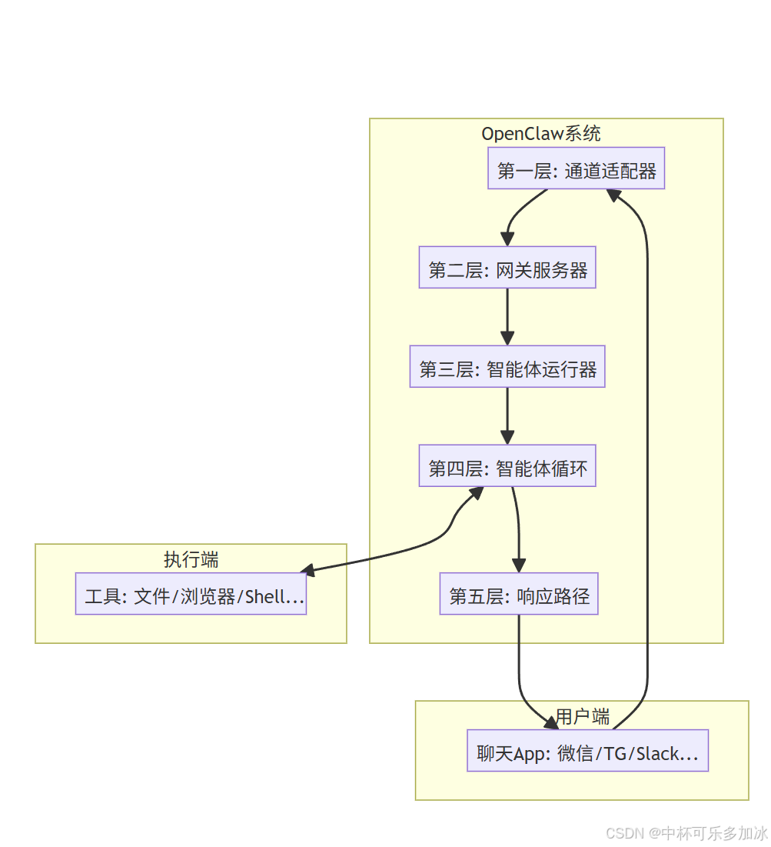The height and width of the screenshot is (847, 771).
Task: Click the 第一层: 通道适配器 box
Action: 576,168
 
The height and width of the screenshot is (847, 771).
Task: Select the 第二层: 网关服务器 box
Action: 507,268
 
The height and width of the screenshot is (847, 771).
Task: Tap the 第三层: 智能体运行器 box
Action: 507,367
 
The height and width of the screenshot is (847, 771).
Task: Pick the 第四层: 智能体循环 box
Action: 507,465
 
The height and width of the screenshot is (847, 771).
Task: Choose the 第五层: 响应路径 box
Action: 519,594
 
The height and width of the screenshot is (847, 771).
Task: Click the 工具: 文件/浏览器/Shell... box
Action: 191,594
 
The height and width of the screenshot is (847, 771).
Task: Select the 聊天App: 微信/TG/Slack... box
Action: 587,751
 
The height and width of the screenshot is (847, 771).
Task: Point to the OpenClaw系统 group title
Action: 541,134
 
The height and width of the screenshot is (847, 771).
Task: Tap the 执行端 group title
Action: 191,560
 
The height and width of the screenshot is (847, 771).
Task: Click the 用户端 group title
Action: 582,717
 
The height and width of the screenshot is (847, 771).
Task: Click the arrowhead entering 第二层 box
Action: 507,238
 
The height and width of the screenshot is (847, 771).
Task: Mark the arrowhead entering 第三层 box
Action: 507,338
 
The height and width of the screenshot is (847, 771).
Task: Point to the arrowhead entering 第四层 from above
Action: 507,437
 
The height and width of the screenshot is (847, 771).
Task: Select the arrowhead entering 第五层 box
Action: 519,565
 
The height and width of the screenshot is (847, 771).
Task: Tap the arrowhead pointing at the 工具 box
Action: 308,571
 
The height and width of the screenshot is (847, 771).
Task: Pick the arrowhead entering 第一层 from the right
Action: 614,195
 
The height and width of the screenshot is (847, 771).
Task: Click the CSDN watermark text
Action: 686,832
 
